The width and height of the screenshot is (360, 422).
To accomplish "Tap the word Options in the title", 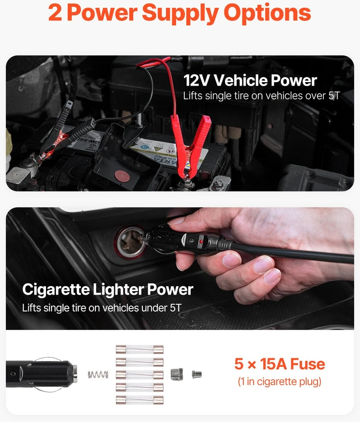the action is [267, 13].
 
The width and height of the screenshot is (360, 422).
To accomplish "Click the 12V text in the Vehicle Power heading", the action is [197, 81].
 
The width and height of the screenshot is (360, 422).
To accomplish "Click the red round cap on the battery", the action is [122, 176].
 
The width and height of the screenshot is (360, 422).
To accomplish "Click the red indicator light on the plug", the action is [201, 241].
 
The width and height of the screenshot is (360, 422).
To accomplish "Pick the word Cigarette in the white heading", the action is [56, 290].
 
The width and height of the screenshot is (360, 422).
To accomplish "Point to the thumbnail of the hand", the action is [176, 221].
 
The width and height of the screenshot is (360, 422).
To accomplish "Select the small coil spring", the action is [98, 374].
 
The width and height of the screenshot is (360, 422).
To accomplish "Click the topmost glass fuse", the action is [139, 349].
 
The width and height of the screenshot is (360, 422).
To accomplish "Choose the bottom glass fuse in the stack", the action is [139, 400].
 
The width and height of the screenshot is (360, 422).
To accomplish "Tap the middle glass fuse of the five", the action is [139, 375].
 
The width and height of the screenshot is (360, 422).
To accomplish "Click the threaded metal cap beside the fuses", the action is [177, 375].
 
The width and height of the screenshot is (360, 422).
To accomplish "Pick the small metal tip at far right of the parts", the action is [197, 375].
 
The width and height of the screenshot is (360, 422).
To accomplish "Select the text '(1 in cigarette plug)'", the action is [279, 381].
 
